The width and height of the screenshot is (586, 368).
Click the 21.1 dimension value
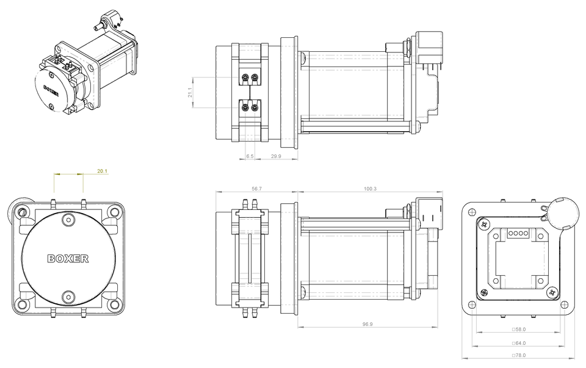point(189,93)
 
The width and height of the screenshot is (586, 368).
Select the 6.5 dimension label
point(250,156)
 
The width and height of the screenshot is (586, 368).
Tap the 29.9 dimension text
point(276,156)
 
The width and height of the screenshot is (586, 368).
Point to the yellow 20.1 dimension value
point(103,171)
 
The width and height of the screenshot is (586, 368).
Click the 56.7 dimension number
point(256,189)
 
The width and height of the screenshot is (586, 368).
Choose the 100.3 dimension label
point(370,189)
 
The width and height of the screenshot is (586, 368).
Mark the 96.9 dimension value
point(367,324)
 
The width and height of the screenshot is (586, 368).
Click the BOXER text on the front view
point(68,259)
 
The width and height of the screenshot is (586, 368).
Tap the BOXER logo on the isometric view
point(51,92)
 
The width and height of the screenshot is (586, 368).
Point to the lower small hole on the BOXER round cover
point(68,298)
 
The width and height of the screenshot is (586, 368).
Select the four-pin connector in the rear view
point(518,233)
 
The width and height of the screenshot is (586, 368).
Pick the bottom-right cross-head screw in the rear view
point(552,294)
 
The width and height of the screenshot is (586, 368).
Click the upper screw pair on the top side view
point(250,77)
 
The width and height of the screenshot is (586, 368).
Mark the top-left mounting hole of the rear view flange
point(472,211)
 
